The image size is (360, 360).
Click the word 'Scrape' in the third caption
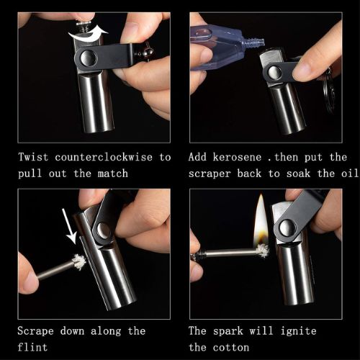(38, 330)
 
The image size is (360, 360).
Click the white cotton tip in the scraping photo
(77, 261)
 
